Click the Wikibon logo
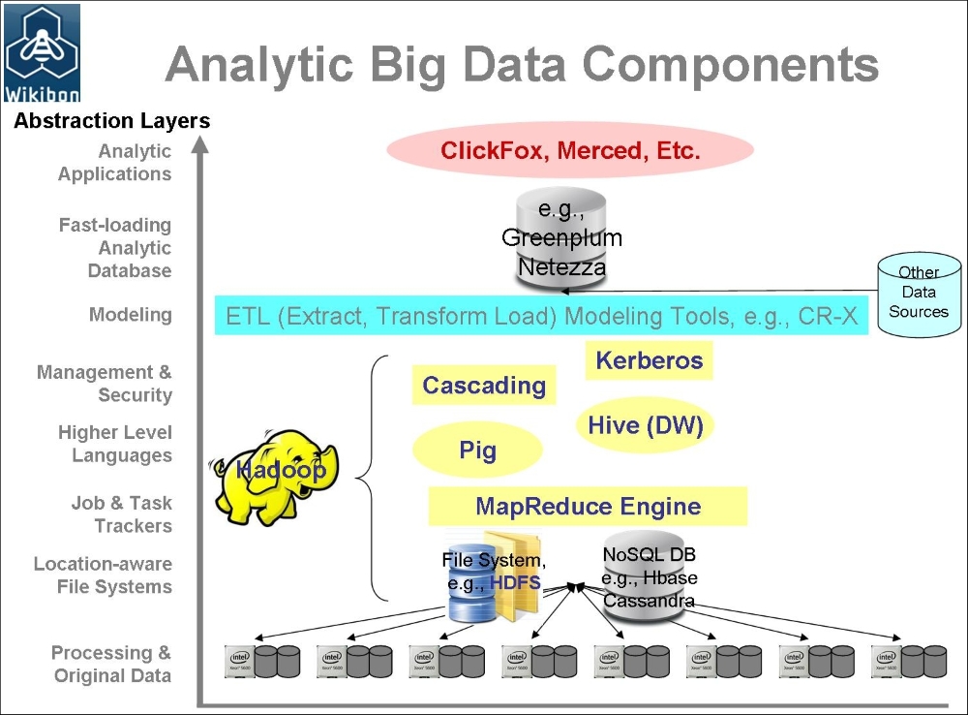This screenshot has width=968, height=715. click(42, 53)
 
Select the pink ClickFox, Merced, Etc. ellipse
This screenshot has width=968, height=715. click(570, 151)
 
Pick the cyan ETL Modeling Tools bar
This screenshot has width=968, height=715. click(541, 317)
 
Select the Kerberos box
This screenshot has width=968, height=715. click(649, 361)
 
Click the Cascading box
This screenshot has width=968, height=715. click(484, 386)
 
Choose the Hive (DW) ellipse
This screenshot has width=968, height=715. click(645, 425)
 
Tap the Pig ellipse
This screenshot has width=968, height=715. click(477, 451)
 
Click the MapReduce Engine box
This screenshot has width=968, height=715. click(588, 506)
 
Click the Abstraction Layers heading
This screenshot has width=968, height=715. click(111, 121)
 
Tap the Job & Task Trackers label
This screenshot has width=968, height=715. click(121, 514)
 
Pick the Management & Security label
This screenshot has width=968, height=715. click(105, 384)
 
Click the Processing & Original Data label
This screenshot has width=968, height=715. click(111, 665)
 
